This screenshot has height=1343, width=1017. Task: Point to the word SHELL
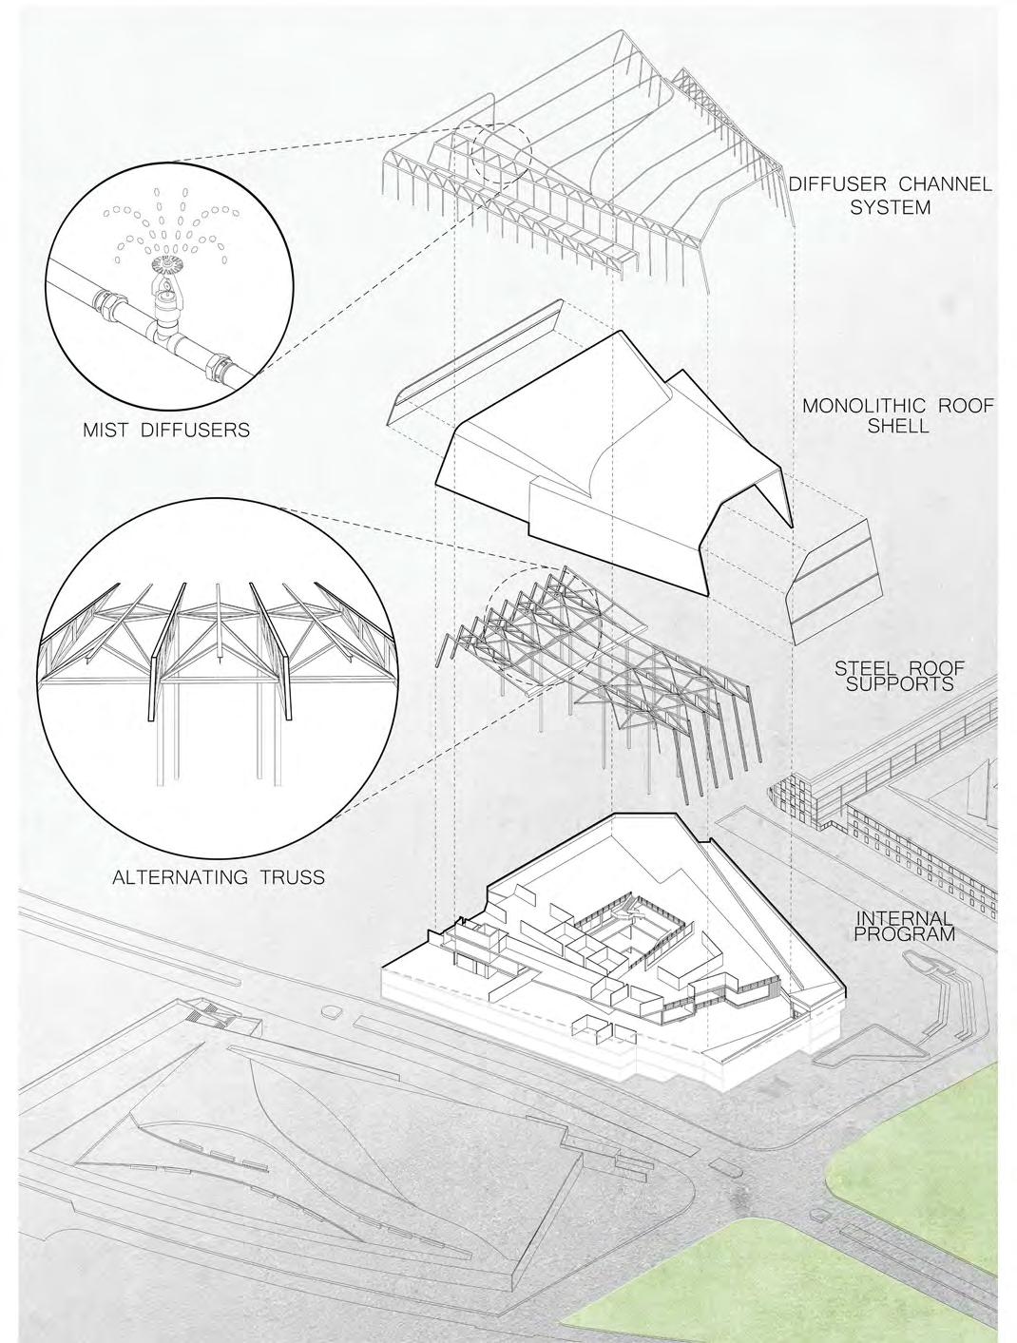(898, 426)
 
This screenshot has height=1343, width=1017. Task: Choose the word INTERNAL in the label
(904, 918)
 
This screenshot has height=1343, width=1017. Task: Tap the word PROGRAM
(904, 934)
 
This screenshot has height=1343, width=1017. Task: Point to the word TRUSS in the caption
(290, 876)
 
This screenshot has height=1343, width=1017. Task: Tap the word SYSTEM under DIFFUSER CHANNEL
(890, 205)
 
